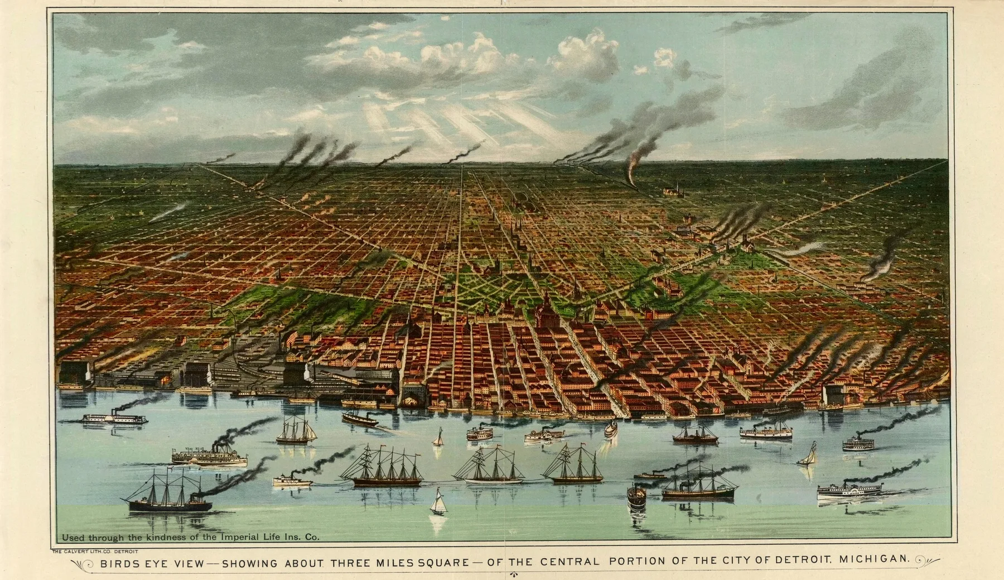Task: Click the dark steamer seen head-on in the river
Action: [x=636, y=497]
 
